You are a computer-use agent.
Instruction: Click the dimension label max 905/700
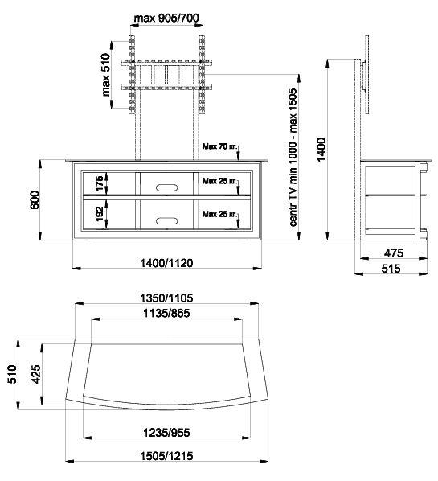click(x=166, y=18)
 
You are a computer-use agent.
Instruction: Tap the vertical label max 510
click(x=105, y=75)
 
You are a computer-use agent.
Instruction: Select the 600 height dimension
click(x=35, y=199)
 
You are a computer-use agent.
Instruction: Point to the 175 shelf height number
click(x=100, y=183)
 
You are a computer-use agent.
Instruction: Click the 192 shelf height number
click(x=100, y=215)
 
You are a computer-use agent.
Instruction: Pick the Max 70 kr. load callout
click(x=220, y=146)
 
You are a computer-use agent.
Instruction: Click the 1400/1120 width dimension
click(x=166, y=263)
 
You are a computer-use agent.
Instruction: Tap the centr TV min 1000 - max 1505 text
click(x=293, y=158)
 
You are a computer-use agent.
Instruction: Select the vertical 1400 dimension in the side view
click(x=321, y=150)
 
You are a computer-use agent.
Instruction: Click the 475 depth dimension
click(x=394, y=253)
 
